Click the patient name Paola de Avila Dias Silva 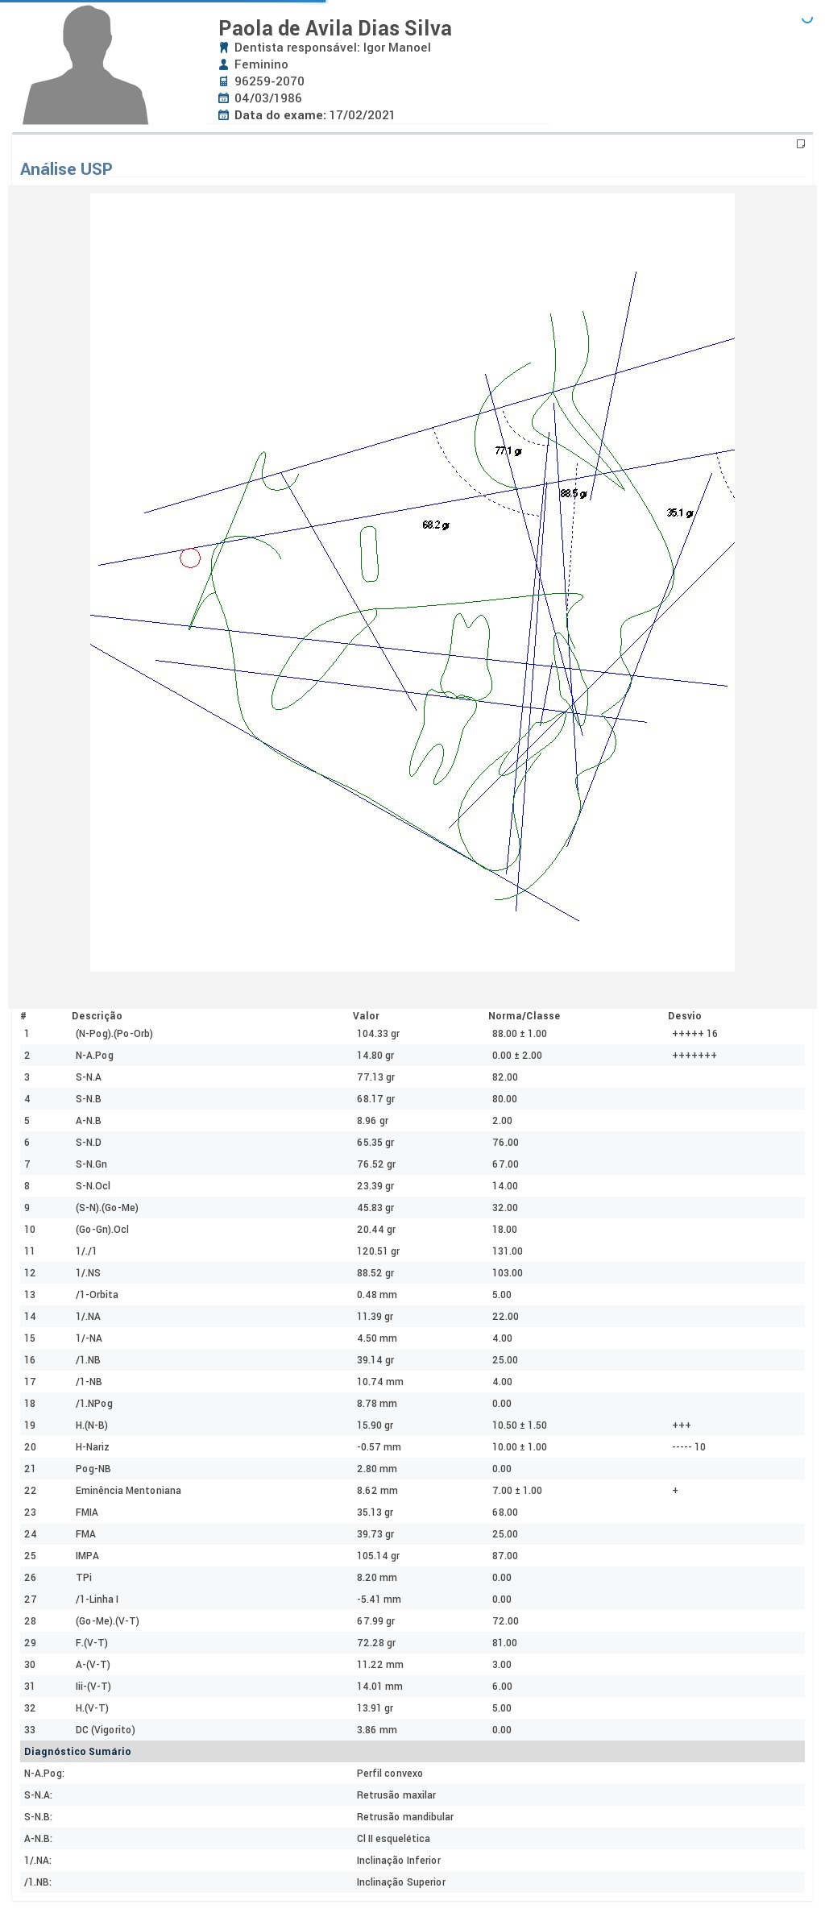pyautogui.click(x=334, y=28)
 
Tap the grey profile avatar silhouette pyautogui.click(x=85, y=66)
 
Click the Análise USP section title pyautogui.click(x=66, y=169)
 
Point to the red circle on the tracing pyautogui.click(x=190, y=558)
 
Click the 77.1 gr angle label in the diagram pyautogui.click(x=508, y=451)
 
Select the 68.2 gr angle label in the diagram pyautogui.click(x=435, y=525)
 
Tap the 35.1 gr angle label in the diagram pyautogui.click(x=680, y=512)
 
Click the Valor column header pyautogui.click(x=366, y=1016)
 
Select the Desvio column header pyautogui.click(x=684, y=1016)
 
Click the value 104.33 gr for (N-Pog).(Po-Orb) pyautogui.click(x=378, y=1034)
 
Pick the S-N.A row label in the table pyautogui.click(x=89, y=1077)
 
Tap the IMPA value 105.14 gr pyautogui.click(x=378, y=1556)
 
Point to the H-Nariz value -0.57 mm pyautogui.click(x=379, y=1447)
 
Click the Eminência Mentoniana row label pyautogui.click(x=128, y=1491)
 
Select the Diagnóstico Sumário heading pyautogui.click(x=77, y=1752)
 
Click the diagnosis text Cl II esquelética pyautogui.click(x=393, y=1839)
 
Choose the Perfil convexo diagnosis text pyautogui.click(x=389, y=1774)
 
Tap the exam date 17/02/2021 pyautogui.click(x=362, y=115)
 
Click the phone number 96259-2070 pyautogui.click(x=269, y=81)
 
